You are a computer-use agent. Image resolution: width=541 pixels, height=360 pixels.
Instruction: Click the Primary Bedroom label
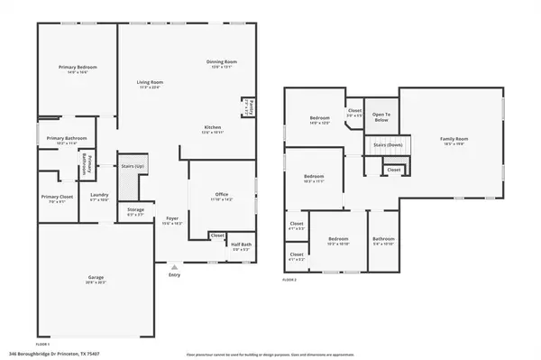[x=78, y=68]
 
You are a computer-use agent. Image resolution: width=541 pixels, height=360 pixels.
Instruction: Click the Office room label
[x=221, y=195]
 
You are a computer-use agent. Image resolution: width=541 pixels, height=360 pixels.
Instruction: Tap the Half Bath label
[x=241, y=245]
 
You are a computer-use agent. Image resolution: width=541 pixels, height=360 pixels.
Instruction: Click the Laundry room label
[x=99, y=197]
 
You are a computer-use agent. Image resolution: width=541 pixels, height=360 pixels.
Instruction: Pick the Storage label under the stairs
[x=135, y=212]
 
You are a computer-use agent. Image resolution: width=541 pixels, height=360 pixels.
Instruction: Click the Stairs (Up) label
[x=133, y=166]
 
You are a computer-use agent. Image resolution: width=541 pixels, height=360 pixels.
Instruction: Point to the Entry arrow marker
[x=174, y=267]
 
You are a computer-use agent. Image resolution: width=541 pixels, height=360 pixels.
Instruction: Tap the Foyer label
[x=171, y=221]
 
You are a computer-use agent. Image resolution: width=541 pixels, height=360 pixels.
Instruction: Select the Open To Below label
[x=381, y=115]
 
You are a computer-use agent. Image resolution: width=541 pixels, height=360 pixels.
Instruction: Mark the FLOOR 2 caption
[x=290, y=281]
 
